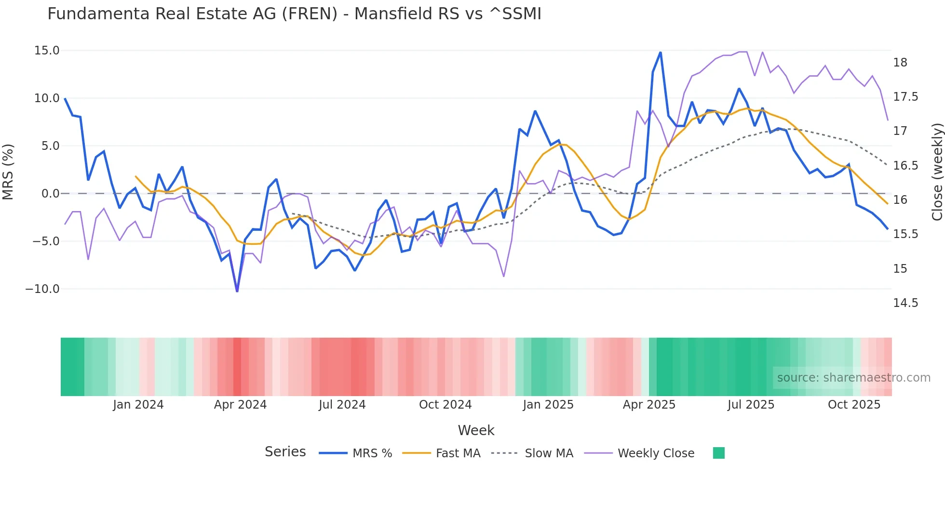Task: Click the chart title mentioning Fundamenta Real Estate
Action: [294, 14]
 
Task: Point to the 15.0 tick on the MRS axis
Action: [47, 51]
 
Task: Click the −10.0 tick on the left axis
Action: [42, 289]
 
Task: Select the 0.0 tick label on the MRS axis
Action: [50, 194]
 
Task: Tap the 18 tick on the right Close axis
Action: [900, 63]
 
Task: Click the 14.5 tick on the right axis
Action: [905, 303]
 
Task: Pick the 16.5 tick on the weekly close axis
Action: [905, 166]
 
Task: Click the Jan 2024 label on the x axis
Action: [138, 405]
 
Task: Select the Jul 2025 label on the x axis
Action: [751, 405]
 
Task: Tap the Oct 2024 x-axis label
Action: [445, 405]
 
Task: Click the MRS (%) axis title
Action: [8, 172]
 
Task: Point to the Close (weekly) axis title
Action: [937, 172]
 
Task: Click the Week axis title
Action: [476, 430]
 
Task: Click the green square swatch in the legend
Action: [718, 453]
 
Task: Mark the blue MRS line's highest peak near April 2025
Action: [661, 52]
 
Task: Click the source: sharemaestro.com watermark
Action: [853, 378]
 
